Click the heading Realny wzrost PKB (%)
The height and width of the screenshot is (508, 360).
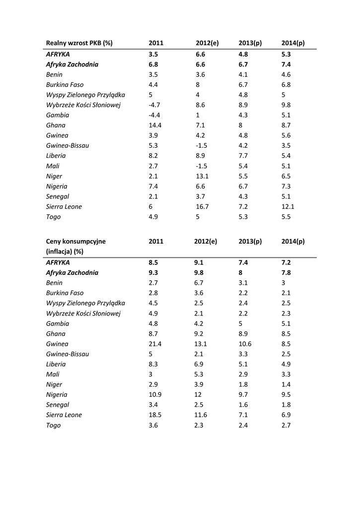click(79, 43)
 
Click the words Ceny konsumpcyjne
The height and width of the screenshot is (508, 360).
click(76, 242)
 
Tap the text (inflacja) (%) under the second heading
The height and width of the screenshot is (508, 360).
click(65, 252)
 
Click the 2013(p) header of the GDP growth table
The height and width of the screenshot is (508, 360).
click(250, 43)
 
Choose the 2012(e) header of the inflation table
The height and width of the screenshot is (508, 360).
click(206, 242)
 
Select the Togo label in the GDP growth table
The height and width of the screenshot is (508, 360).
click(53, 217)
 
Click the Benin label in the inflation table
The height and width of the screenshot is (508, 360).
click(54, 283)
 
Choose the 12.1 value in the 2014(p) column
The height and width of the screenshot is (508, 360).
click(288, 207)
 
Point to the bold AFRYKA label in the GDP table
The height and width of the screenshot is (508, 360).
click(58, 54)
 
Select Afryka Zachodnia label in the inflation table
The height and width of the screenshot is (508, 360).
click(72, 273)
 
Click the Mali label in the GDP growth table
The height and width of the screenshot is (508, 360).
click(53, 166)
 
